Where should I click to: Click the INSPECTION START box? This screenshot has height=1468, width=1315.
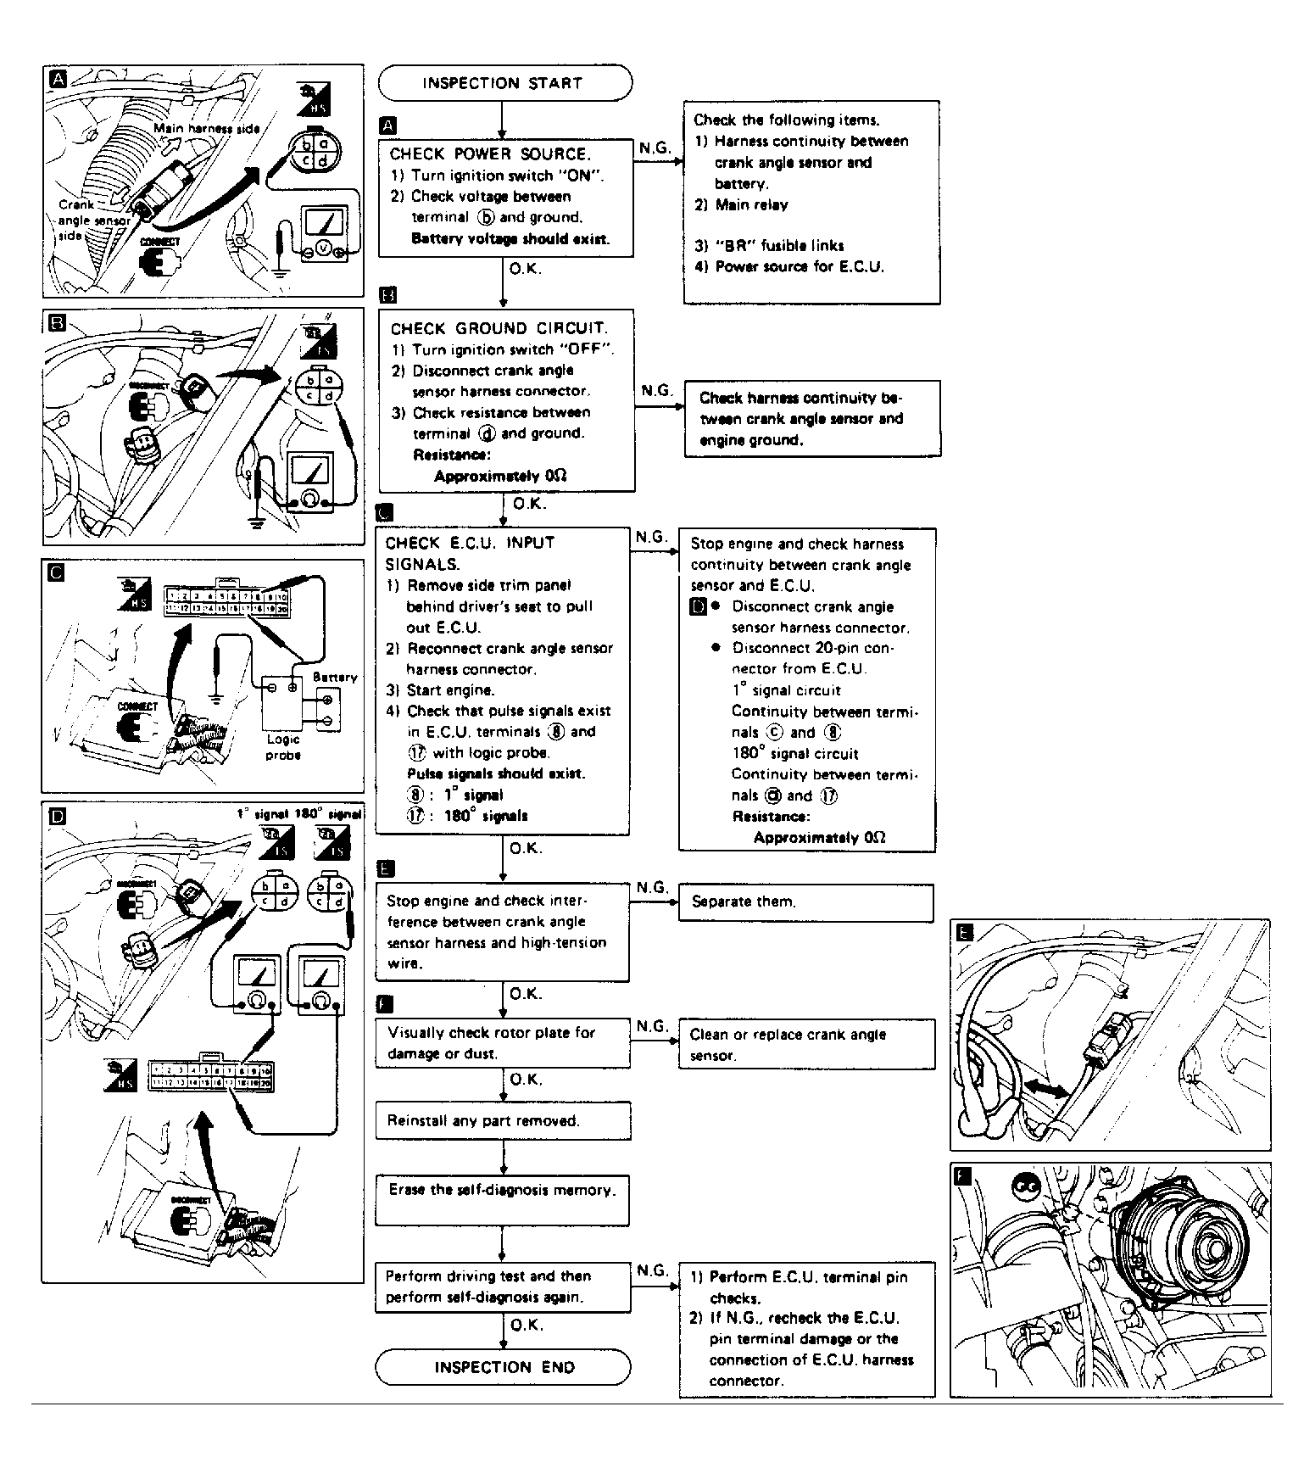[x=504, y=83]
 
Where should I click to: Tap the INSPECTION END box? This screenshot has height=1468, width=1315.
[x=504, y=1367]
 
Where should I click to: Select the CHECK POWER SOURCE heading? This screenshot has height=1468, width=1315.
[x=489, y=154]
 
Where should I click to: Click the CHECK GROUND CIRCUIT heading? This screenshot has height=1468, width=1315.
[x=499, y=329]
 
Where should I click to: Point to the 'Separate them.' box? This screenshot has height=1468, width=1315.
[x=805, y=902]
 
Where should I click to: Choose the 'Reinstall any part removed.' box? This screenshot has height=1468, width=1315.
[x=504, y=1121]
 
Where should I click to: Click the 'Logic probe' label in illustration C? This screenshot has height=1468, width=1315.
[x=282, y=746]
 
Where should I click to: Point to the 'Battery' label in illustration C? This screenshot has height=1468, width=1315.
[x=335, y=677]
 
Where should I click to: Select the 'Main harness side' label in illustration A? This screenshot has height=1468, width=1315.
[x=206, y=128]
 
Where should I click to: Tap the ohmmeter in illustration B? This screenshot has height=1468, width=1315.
[x=312, y=482]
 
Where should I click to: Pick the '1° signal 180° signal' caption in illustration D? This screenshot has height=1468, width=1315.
[x=298, y=813]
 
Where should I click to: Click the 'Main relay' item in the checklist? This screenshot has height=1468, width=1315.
[x=752, y=204]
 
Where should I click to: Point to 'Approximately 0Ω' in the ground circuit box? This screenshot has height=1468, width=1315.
[x=500, y=476]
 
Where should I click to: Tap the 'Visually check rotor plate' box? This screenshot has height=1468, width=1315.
[x=502, y=1042]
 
